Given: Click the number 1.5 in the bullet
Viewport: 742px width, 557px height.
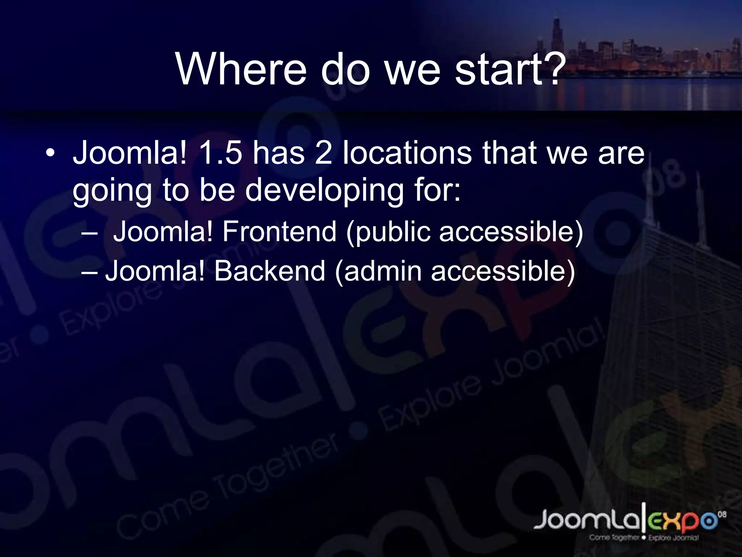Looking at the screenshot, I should (x=220, y=153).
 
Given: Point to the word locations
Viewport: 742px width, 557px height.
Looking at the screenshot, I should (x=407, y=153).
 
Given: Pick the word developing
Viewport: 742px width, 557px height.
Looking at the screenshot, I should (x=324, y=191).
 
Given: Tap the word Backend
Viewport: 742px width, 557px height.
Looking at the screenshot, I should (x=270, y=271).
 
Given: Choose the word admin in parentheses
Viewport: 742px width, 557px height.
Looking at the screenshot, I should (x=383, y=271).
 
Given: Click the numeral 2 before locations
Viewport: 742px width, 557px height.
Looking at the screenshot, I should (x=324, y=153).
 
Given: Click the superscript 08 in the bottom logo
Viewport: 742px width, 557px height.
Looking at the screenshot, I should (x=722, y=514).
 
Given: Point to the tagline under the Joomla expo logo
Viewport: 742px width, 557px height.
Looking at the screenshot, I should (x=643, y=538).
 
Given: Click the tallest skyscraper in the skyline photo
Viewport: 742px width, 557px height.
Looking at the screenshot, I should (x=556, y=36).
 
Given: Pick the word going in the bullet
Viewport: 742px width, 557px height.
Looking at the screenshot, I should (x=112, y=191).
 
